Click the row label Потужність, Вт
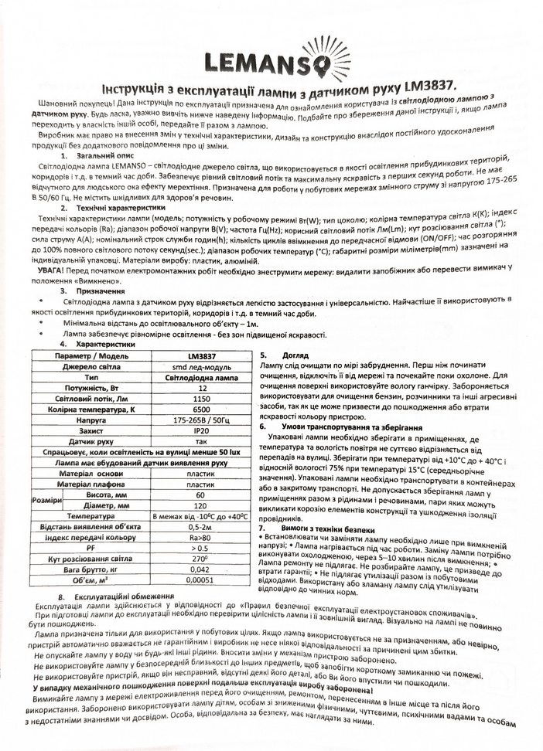pos(90,387)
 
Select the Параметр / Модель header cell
pos(90,355)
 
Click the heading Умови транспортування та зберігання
pos(340,426)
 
